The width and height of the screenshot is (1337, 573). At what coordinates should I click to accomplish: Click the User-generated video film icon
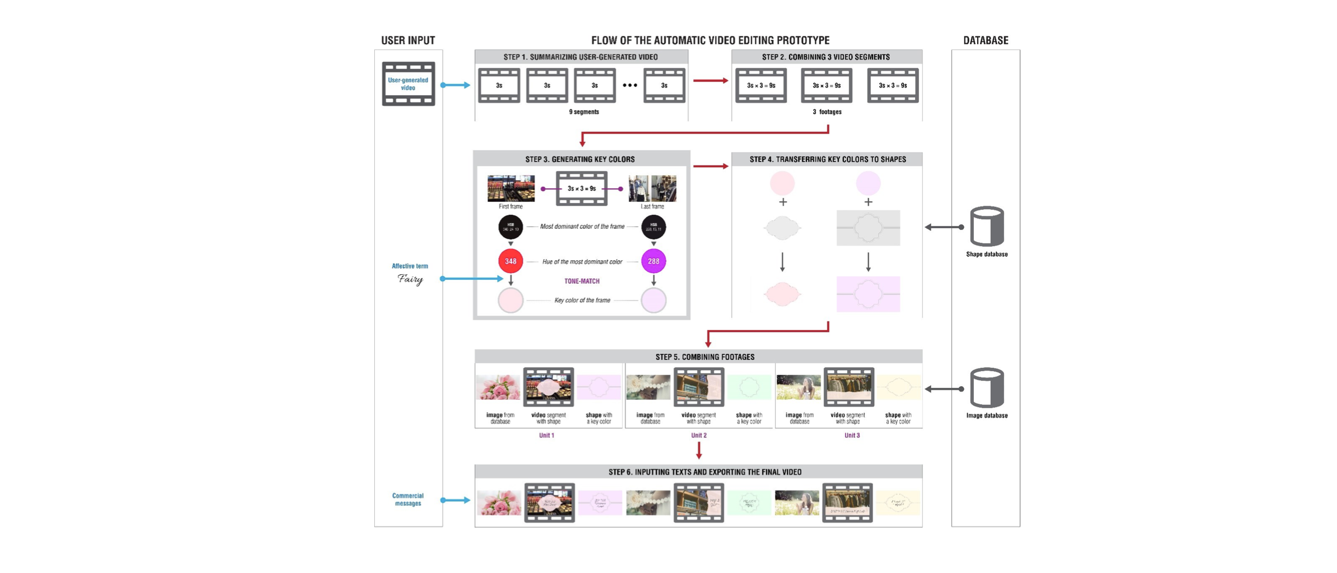tap(408, 84)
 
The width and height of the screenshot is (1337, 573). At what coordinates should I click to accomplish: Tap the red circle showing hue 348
tap(510, 261)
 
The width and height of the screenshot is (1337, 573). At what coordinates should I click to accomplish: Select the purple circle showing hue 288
tap(653, 261)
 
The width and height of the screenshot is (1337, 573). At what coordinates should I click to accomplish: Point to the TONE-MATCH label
tap(582, 281)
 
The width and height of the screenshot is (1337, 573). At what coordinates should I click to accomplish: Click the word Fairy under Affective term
tap(410, 279)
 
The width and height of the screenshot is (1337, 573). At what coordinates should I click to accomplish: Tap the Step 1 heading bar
tap(581, 57)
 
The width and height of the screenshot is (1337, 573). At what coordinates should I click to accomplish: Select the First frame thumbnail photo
tap(510, 188)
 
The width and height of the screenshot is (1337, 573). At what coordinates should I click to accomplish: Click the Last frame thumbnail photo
tap(652, 188)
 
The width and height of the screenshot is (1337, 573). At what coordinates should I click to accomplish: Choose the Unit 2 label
tap(698, 436)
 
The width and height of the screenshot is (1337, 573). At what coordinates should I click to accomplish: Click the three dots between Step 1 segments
tap(630, 85)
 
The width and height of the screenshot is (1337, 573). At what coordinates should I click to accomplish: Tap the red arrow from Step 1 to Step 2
tap(710, 81)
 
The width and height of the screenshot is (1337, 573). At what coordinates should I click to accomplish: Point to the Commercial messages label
tap(408, 500)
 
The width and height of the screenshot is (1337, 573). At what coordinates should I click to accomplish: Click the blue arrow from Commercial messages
tap(456, 500)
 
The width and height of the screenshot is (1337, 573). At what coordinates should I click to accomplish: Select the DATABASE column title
tap(986, 40)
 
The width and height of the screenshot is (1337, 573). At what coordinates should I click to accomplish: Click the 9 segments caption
tap(584, 112)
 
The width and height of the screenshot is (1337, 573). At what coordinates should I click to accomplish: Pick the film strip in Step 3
tap(582, 189)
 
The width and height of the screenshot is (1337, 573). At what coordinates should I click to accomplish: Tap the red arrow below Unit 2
tap(699, 450)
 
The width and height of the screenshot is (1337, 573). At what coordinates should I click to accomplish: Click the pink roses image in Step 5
tap(498, 387)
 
